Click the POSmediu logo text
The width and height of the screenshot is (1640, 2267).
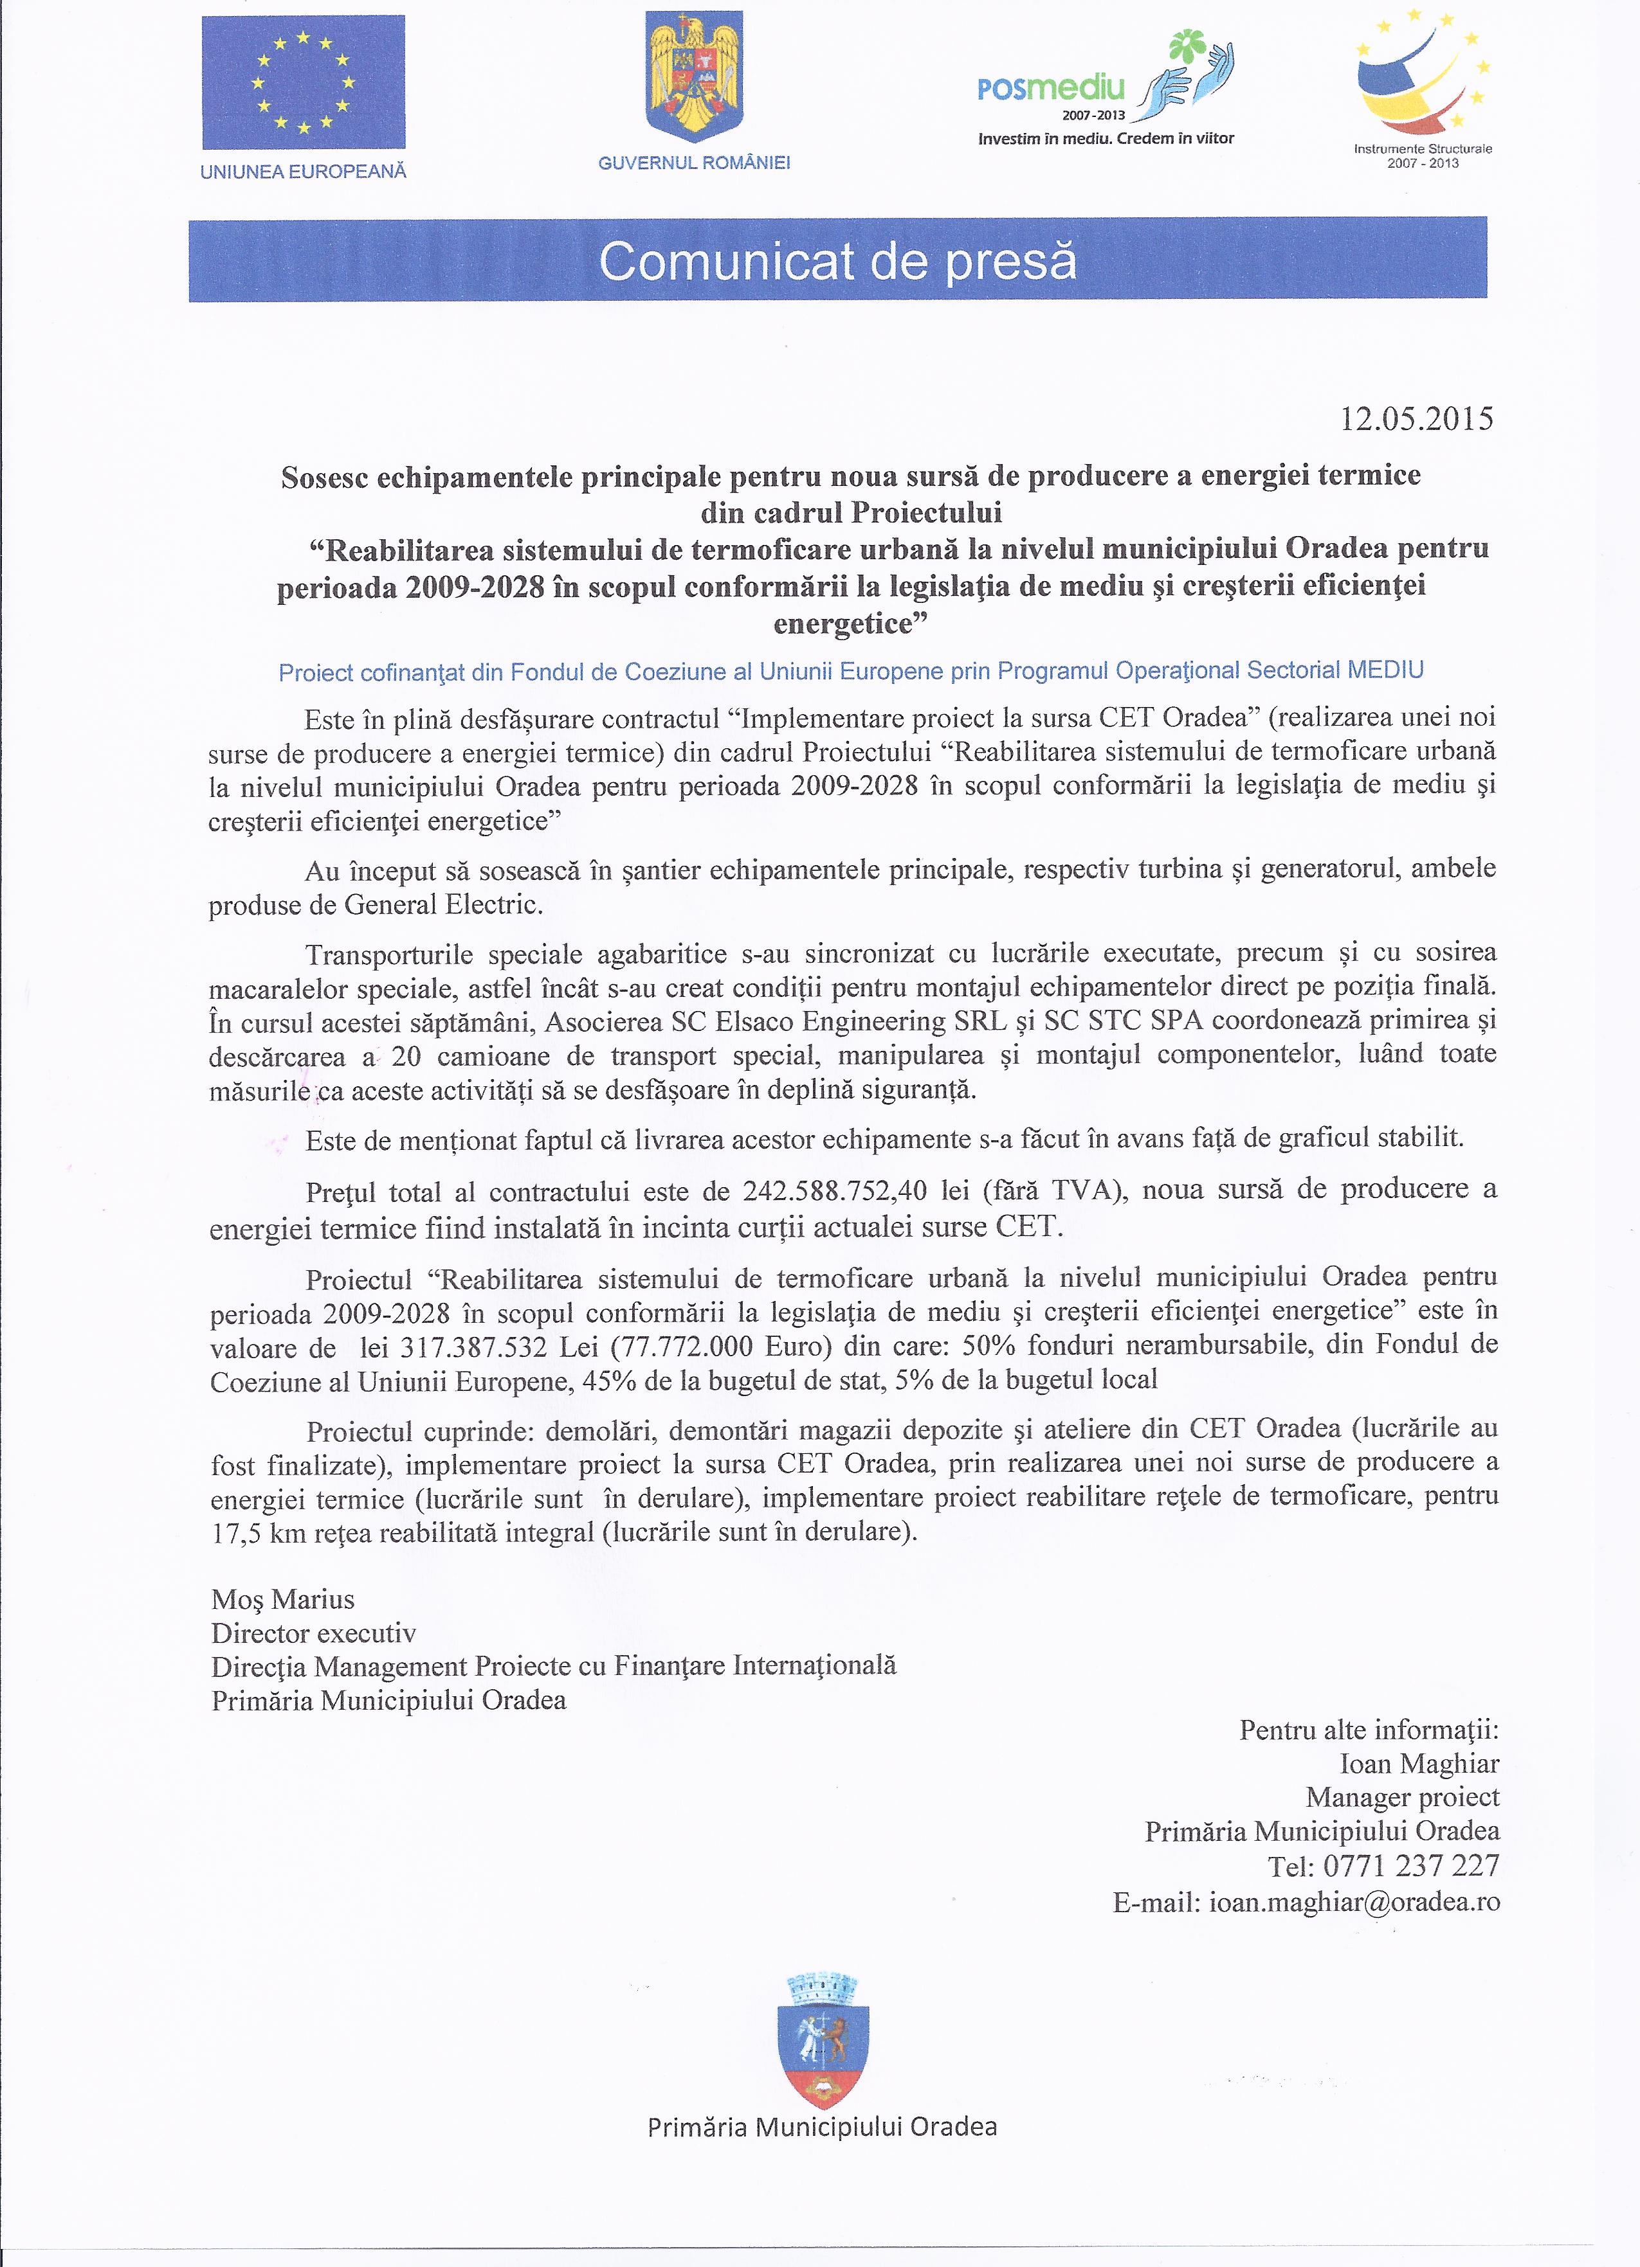(x=1051, y=89)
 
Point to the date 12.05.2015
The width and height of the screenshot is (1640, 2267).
(x=1416, y=418)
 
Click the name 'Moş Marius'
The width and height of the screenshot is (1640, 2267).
(x=283, y=1599)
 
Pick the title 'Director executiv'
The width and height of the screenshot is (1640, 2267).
(x=313, y=1633)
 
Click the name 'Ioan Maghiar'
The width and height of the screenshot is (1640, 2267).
(x=1419, y=1763)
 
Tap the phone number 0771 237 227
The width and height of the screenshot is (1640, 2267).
(x=1411, y=1865)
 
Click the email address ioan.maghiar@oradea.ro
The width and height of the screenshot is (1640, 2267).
(x=1354, y=1901)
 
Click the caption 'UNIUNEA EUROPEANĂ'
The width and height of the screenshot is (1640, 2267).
(x=303, y=172)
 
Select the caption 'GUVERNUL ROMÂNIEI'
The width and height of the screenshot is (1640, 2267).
(x=694, y=163)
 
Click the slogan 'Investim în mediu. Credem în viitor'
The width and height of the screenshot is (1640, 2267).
(x=1106, y=138)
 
